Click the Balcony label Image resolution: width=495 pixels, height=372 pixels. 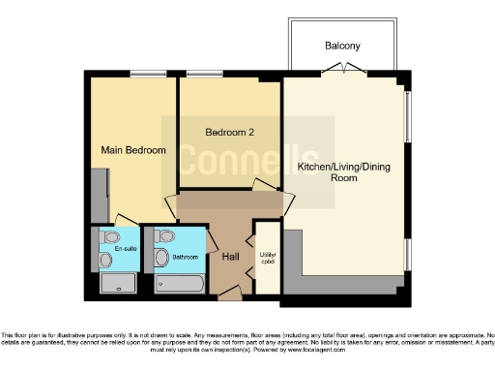[342, 46]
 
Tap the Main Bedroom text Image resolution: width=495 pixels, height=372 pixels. [133, 150]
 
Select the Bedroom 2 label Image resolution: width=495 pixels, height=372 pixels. [230, 133]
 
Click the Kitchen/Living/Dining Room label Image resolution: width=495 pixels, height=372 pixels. [342, 172]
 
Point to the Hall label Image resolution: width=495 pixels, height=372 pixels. [231, 257]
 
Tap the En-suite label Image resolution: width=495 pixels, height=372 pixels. [125, 250]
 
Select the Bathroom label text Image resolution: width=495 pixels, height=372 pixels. [186, 257]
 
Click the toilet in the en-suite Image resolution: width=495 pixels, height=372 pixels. [110, 236]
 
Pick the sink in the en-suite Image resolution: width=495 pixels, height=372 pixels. [104, 259]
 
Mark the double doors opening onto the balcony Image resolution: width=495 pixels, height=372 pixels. [337, 68]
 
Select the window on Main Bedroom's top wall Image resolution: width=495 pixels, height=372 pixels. [147, 76]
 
